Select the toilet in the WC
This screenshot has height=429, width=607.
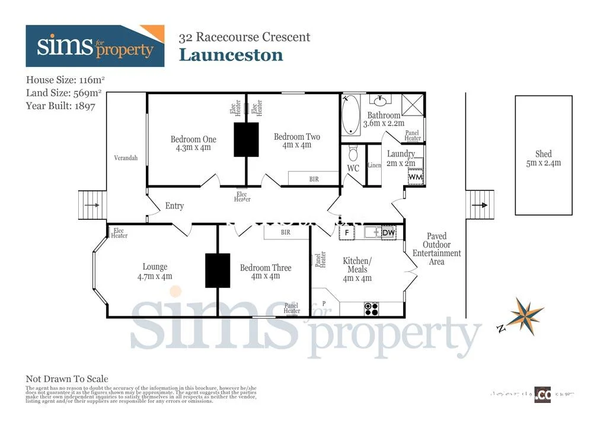353,154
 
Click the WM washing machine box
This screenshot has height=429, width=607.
416,177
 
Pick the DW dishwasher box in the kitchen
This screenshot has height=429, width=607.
388,232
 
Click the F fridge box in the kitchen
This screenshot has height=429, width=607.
347,232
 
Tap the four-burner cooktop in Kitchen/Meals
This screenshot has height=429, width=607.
371,308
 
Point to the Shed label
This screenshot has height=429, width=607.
543,158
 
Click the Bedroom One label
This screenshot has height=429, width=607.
193,143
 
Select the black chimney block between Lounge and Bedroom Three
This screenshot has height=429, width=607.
218,271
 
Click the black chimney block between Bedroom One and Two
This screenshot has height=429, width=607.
246,139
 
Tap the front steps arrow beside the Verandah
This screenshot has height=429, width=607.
92,205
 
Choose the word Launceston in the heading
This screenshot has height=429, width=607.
231,55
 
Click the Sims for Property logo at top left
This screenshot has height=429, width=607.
95,46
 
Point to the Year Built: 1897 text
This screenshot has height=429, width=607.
60,105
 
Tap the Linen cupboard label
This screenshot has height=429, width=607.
374,165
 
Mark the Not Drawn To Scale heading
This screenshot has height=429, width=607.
67,379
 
